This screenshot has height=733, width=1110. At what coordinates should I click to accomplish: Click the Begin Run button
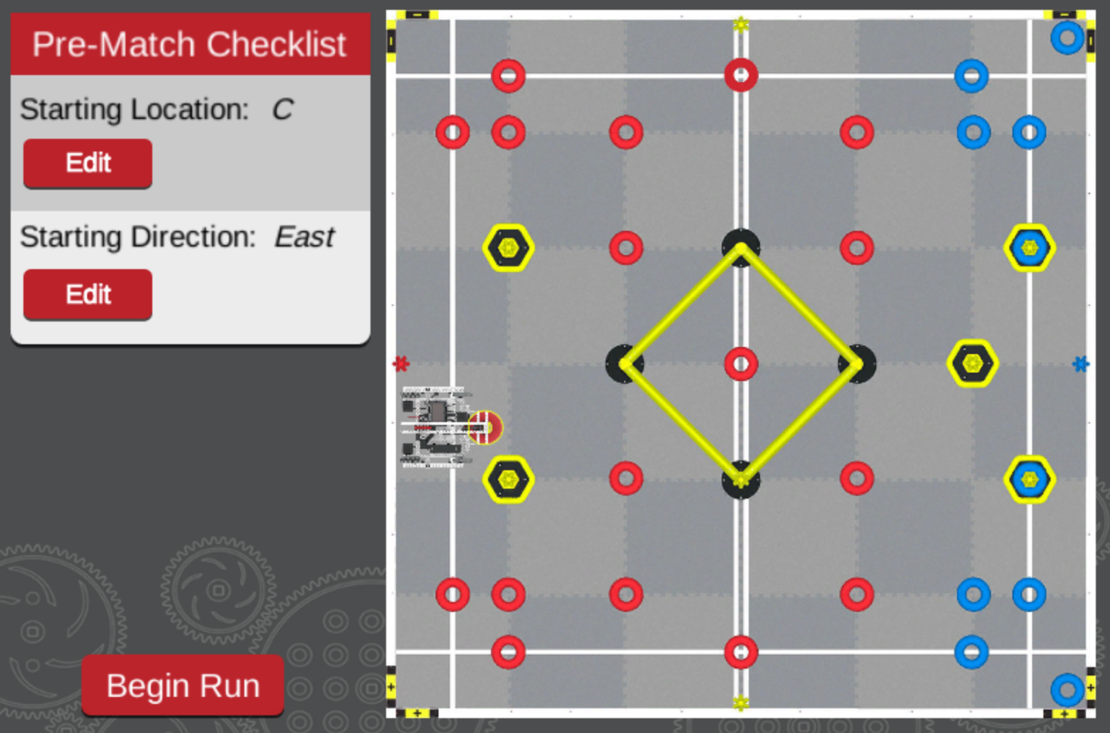click(x=183, y=685)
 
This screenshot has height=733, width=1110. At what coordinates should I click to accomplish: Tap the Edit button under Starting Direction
click(x=88, y=294)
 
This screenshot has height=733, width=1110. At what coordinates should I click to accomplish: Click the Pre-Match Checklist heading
click(x=190, y=44)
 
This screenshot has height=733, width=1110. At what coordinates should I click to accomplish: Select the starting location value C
click(x=282, y=109)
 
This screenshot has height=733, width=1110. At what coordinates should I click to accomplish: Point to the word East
click(x=304, y=237)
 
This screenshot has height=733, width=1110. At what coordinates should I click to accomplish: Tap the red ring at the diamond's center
click(x=741, y=364)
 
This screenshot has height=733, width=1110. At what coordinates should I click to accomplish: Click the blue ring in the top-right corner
click(x=1067, y=38)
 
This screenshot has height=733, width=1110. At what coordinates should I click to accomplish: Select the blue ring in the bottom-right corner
click(x=1067, y=689)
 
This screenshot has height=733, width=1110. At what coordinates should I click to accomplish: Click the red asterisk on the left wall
click(x=401, y=364)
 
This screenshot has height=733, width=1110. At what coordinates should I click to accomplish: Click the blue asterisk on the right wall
click(x=1080, y=364)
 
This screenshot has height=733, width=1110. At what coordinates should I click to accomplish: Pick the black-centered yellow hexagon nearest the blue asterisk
click(x=973, y=364)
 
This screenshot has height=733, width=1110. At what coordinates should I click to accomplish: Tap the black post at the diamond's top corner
click(x=741, y=245)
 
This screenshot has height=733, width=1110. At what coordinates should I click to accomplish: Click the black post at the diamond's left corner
click(x=623, y=364)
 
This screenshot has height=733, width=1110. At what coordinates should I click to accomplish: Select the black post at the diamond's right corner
click(x=858, y=364)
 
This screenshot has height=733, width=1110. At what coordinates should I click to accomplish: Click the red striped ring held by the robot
click(x=485, y=428)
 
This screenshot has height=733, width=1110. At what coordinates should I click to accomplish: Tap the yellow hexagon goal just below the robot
click(x=508, y=479)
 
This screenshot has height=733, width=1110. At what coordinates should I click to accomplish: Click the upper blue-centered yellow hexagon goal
click(x=1029, y=248)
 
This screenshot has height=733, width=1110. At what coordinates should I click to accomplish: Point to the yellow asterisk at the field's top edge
click(x=741, y=25)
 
